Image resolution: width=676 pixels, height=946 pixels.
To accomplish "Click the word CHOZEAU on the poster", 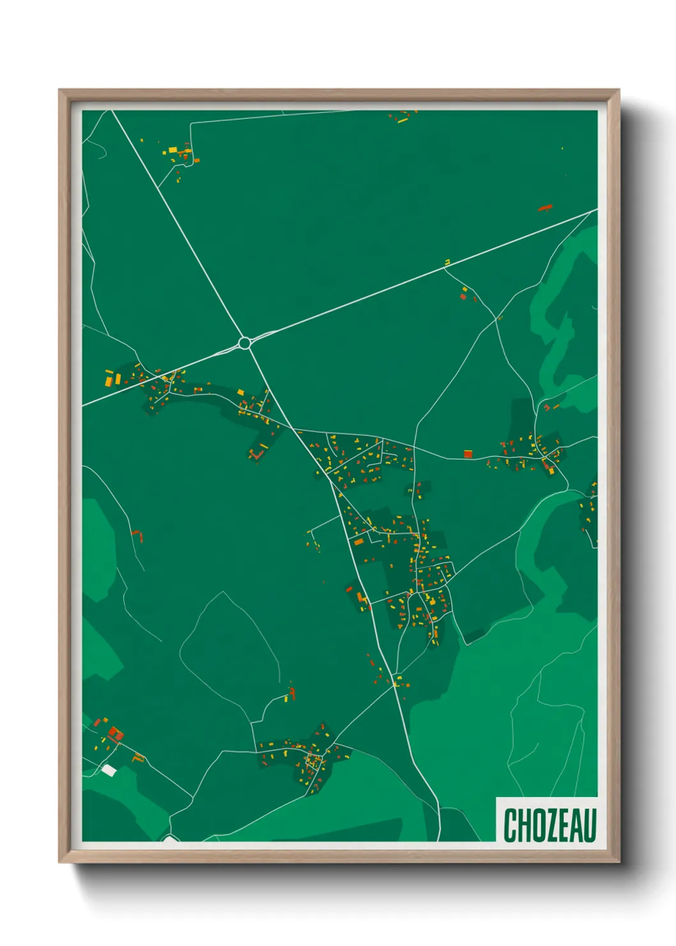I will click(549, 825).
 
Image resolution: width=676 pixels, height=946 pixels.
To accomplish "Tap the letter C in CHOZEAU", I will click(511, 825).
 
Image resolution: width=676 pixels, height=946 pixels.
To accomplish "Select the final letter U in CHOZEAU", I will click(589, 825).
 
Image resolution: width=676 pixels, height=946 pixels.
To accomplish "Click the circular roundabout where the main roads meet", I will click(244, 343).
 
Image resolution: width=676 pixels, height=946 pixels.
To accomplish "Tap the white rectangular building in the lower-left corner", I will click(109, 770).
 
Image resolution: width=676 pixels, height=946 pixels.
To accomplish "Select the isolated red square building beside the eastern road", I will click(468, 454).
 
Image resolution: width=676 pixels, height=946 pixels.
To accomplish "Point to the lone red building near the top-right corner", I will click(544, 207).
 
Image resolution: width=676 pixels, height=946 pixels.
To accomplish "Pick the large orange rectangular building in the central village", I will click(359, 541).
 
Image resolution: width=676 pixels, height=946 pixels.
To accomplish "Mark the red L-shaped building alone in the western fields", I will click(137, 534).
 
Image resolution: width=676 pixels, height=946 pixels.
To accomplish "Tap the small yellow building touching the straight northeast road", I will click(447, 261).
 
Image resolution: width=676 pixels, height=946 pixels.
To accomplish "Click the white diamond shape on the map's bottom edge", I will click(169, 837).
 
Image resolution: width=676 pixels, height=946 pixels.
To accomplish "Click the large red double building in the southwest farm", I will click(115, 733).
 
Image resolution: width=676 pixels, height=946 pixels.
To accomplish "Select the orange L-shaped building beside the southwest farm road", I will click(137, 758).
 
